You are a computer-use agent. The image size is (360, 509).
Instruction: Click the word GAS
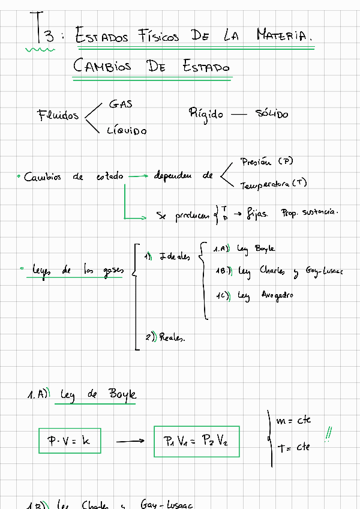(x=121, y=104)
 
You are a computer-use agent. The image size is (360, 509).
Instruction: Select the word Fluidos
(x=58, y=115)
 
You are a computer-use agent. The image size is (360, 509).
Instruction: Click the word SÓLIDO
(x=271, y=114)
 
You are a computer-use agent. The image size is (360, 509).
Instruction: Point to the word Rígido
(x=206, y=113)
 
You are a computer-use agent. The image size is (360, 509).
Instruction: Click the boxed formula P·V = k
(x=68, y=441)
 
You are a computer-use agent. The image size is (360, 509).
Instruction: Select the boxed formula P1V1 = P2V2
(x=196, y=441)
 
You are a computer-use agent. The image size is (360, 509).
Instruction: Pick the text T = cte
(x=294, y=447)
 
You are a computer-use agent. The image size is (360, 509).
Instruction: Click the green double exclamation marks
(x=329, y=433)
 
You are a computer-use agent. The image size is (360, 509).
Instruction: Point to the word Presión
(x=256, y=161)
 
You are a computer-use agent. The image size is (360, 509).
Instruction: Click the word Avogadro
(x=277, y=295)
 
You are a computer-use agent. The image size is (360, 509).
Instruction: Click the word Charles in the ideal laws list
(x=273, y=270)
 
